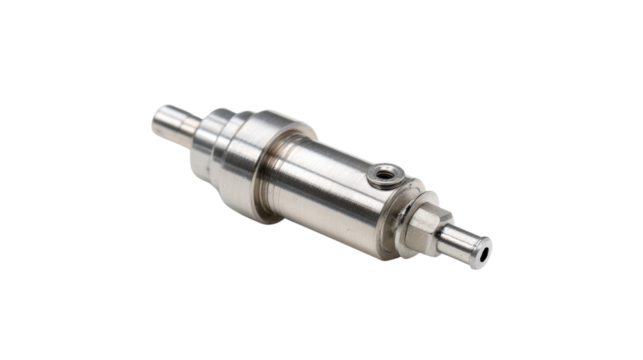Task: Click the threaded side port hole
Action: point(383,176)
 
